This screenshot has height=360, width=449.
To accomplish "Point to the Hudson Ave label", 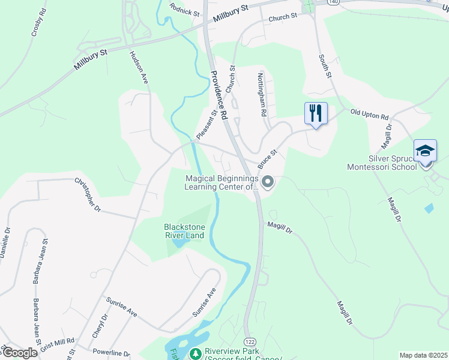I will point(138,67).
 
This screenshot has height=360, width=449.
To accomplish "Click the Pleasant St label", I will point(206,122).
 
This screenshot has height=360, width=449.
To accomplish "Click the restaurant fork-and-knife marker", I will point(316,113).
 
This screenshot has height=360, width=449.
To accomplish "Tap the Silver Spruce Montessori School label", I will point(382,163).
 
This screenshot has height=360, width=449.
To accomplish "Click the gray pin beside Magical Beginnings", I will point(268,182).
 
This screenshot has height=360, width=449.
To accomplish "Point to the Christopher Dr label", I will point(88,194).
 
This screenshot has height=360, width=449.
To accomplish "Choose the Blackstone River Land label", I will point(184,231).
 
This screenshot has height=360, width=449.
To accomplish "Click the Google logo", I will point(20,353).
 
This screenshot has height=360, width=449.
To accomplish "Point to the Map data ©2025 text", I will point(424,355).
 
